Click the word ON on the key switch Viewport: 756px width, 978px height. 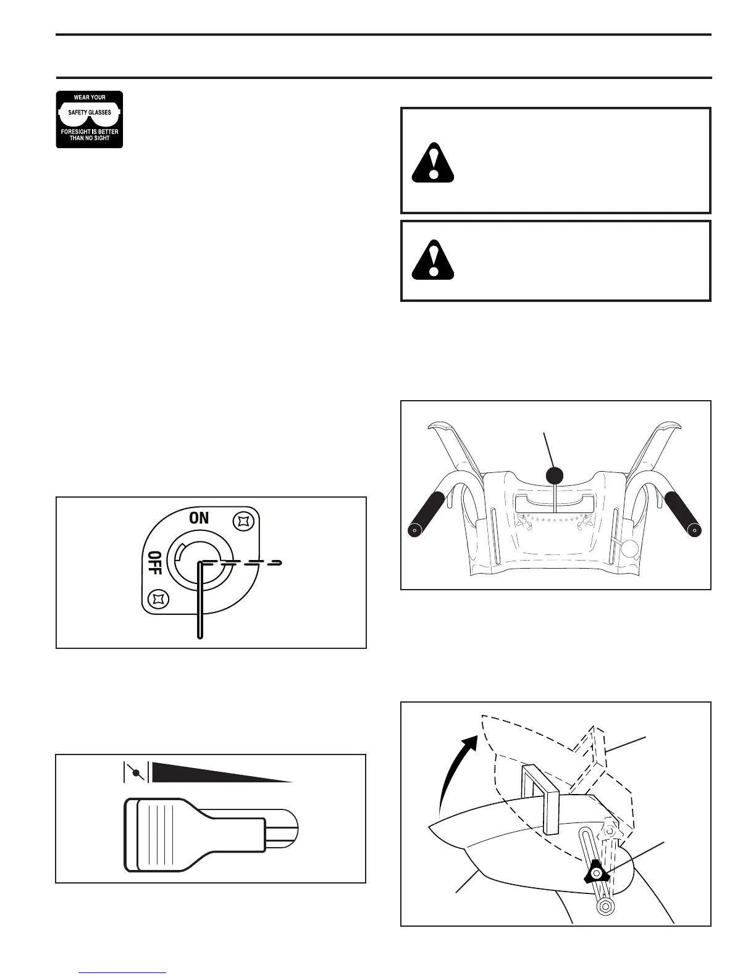(x=199, y=518)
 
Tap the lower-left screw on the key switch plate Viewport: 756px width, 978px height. (x=159, y=598)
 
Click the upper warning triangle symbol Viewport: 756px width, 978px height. (x=433, y=163)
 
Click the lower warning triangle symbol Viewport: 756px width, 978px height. (x=433, y=259)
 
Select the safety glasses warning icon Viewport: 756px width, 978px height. (x=90, y=119)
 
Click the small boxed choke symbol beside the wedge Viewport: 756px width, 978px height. (x=134, y=772)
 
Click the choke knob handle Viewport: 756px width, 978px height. (x=204, y=835)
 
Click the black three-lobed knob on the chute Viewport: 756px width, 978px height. (x=596, y=872)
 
